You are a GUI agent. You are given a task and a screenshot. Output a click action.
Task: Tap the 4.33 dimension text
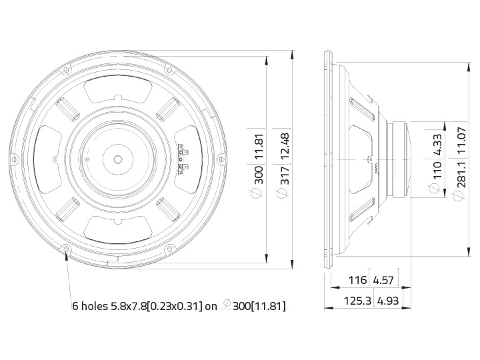(438, 145)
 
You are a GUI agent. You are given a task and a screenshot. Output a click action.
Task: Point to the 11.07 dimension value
(461, 141)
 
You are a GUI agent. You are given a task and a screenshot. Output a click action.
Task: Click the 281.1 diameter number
(461, 174)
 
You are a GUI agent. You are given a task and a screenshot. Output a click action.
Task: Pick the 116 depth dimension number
(357, 280)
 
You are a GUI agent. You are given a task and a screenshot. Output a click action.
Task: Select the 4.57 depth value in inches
(383, 280)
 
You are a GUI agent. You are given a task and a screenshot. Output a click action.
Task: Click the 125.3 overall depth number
(357, 301)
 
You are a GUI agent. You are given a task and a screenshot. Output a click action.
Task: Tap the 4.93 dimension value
(388, 301)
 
